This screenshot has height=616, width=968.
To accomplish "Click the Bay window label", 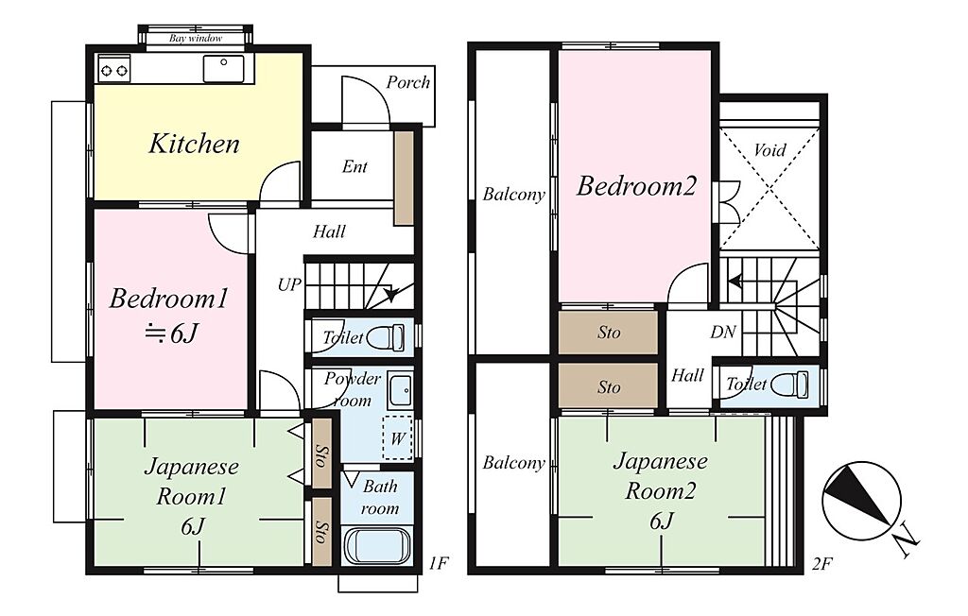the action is point(196,39).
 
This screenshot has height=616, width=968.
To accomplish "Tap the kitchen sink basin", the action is point(223,68).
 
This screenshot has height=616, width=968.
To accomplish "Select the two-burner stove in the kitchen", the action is point(114,68).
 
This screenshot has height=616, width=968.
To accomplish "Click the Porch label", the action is point(408,82).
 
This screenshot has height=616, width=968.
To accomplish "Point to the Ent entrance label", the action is point(354,166).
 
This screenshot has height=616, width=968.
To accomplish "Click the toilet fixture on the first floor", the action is point(386,337).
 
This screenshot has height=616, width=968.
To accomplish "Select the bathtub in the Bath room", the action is point(376,545).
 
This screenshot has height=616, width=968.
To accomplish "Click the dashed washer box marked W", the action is point(397,438).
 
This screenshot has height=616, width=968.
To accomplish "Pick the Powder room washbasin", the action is point(401,391).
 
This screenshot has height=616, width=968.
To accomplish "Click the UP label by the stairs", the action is point(289,285).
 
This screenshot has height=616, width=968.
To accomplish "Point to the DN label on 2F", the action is point(723,332).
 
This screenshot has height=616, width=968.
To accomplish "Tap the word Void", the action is point(769,150).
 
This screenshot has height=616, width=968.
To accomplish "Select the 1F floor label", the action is point(439,563).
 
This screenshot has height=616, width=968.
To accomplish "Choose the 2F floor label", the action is point(822,563).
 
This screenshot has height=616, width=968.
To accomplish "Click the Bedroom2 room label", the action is point(636,186).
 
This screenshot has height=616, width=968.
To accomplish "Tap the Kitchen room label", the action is point(194,144).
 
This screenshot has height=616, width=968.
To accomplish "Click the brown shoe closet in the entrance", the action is point(404,177).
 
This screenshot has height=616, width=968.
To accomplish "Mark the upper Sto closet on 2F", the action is point(608,332).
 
